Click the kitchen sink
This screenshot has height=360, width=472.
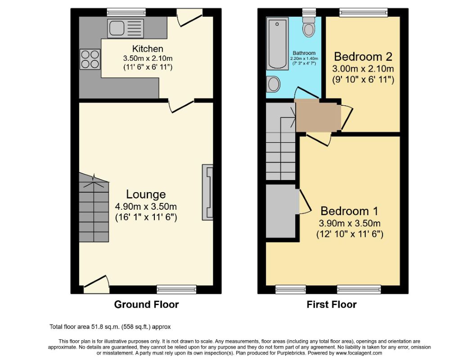click(126, 28)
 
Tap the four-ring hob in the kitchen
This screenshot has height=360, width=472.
click(90, 58)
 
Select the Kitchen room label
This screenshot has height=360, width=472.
click(148, 49)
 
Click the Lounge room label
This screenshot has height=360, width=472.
click(146, 194)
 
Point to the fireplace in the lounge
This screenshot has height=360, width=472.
click(207, 192)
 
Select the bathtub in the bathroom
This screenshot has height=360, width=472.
click(277, 43)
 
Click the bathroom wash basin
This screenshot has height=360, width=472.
click(273, 84)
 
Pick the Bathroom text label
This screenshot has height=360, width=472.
click(304, 53)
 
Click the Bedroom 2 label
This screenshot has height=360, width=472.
click(363, 57)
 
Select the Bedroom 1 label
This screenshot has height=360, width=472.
click(349, 211)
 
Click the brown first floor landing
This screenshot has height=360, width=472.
click(317, 116)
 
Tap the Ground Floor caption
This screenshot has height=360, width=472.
click(146, 305)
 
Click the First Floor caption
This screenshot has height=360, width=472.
click(332, 305)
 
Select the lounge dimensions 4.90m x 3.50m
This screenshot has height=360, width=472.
click(146, 207)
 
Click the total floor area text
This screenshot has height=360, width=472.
click(110, 327)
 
